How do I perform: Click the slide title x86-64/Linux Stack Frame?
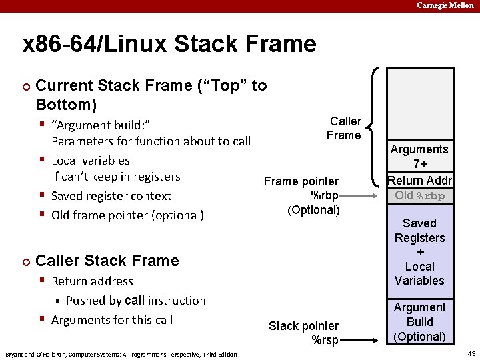(x=169, y=44)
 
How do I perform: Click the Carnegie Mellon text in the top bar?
(x=445, y=5)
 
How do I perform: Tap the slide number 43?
(x=471, y=353)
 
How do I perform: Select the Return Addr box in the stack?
(x=420, y=181)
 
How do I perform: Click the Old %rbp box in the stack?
(x=420, y=195)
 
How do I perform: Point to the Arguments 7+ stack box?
(x=420, y=157)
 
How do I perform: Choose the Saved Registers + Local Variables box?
(x=420, y=251)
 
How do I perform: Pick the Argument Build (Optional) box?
(x=420, y=322)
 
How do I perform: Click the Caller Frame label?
(x=344, y=128)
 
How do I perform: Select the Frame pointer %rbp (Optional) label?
(x=303, y=195)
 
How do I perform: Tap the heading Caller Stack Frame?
(x=107, y=261)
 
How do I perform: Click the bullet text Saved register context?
(x=111, y=196)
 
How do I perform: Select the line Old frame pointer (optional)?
(x=127, y=215)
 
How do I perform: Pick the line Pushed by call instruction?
(x=136, y=301)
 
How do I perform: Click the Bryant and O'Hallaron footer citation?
(x=121, y=354)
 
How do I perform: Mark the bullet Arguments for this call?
(x=112, y=320)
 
